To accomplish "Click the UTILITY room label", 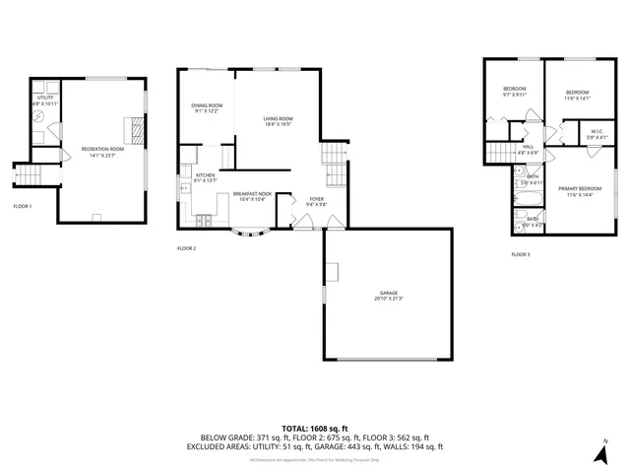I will tap(45, 98).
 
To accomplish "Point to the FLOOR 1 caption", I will tap(23, 206).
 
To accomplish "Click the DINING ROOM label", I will tap(207, 105).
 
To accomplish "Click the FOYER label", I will tap(316, 198).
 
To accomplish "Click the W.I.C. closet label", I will tap(597, 131).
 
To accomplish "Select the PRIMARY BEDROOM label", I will tap(580, 188).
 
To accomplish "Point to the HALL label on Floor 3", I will tap(528, 147).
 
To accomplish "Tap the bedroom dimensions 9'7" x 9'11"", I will tap(515, 96).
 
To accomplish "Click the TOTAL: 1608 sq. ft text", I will tap(314, 428).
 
